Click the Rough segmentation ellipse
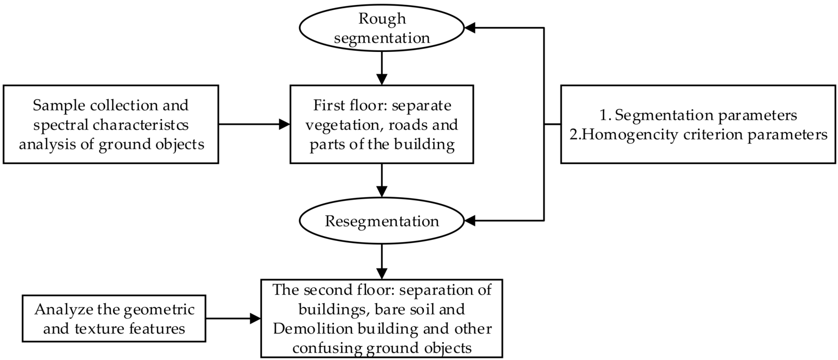[382, 28]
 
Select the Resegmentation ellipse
[382, 221]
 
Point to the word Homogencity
[628, 135]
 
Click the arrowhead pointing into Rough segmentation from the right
[470, 28]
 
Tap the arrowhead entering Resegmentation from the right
[470, 221]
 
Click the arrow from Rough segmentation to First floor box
[382, 69]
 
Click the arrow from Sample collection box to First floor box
[254, 125]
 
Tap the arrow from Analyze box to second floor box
[233, 318]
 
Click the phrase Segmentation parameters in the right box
[706, 115]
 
